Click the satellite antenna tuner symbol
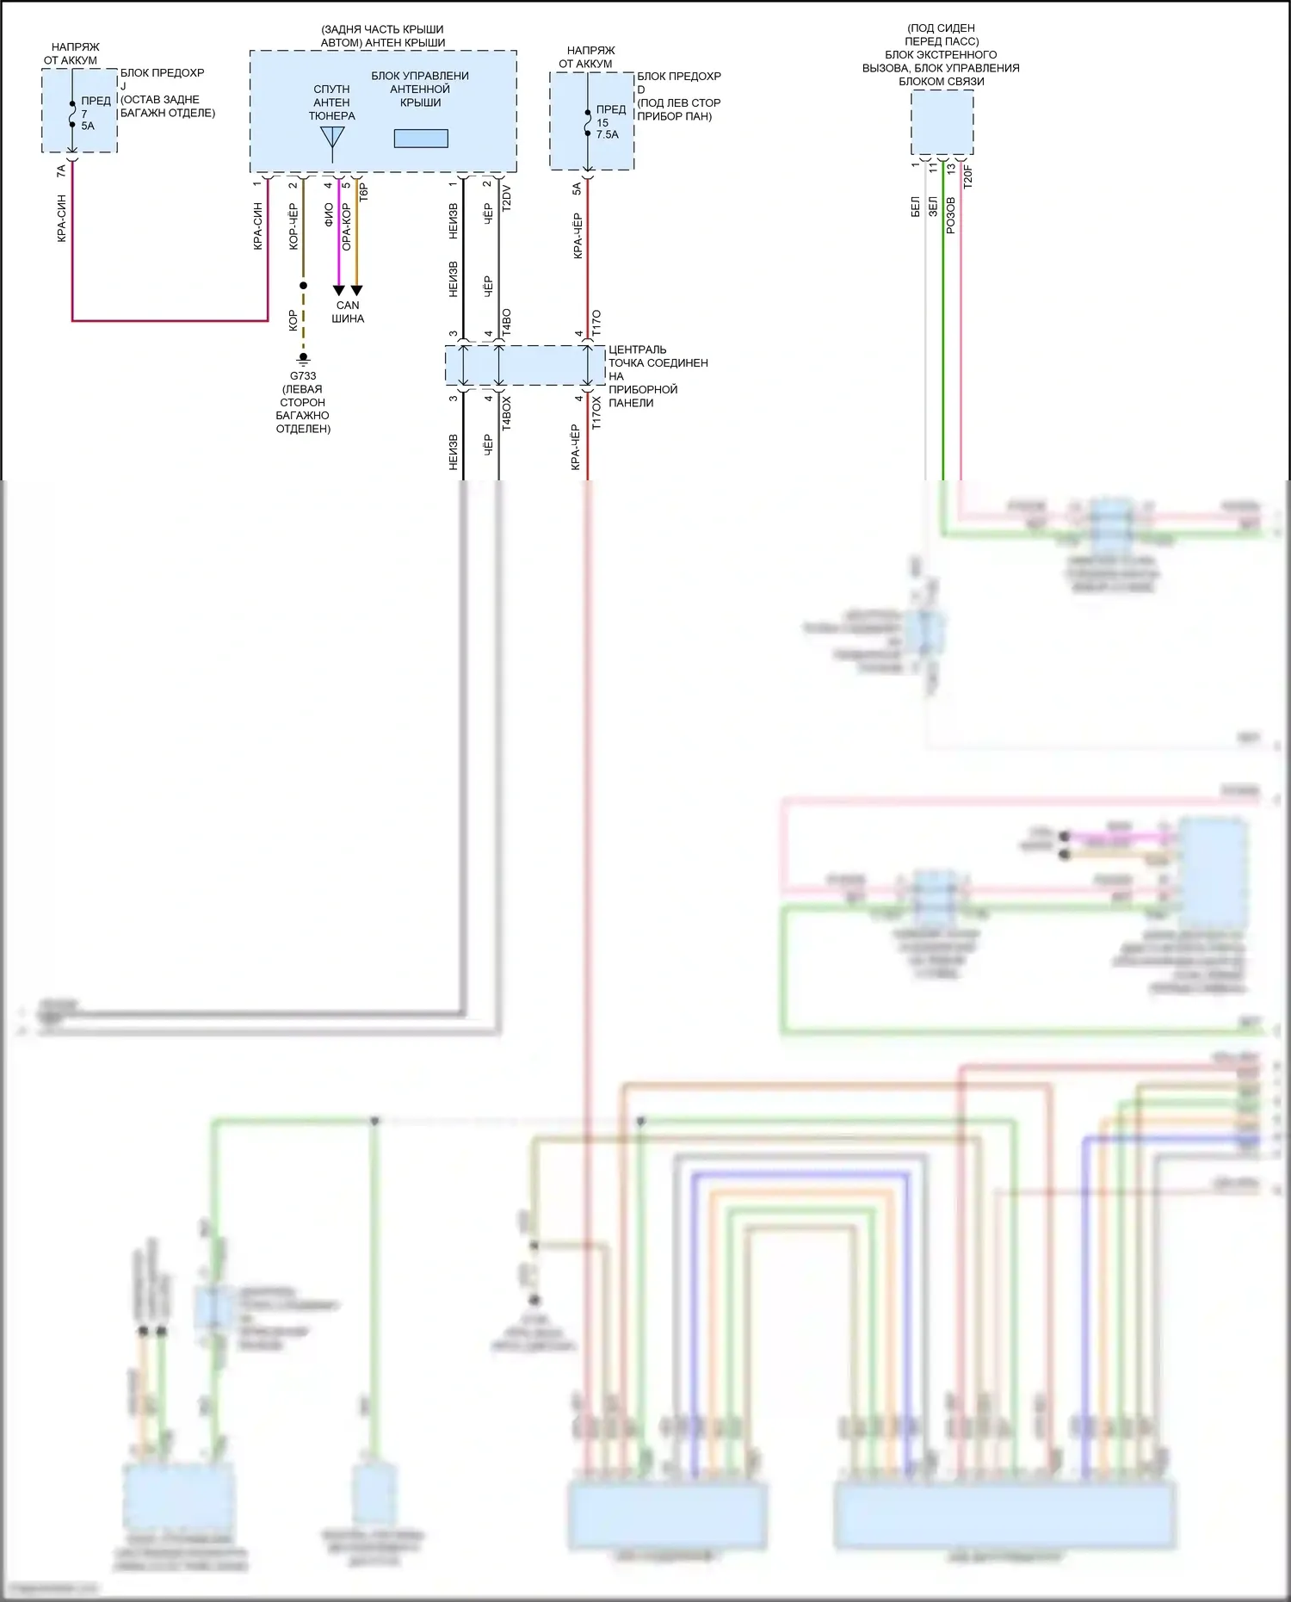[x=332, y=141]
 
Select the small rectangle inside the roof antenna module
[x=421, y=138]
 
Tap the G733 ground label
[x=303, y=376]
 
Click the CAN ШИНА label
[x=348, y=312]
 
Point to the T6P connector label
[x=364, y=192]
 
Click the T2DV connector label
[x=506, y=198]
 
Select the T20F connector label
[x=967, y=176]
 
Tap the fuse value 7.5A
[x=607, y=134]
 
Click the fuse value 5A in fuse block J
[x=88, y=126]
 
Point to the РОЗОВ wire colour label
[x=951, y=214]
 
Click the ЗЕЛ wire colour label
[x=933, y=207]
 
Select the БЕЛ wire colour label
[x=916, y=207]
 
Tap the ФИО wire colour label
[x=329, y=214]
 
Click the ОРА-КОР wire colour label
[x=347, y=226]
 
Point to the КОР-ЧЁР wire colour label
[x=293, y=226]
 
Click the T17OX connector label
[x=596, y=413]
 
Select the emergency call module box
[x=942, y=123]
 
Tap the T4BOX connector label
[x=506, y=413]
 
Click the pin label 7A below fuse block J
[x=61, y=171]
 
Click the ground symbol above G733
[x=303, y=358]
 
